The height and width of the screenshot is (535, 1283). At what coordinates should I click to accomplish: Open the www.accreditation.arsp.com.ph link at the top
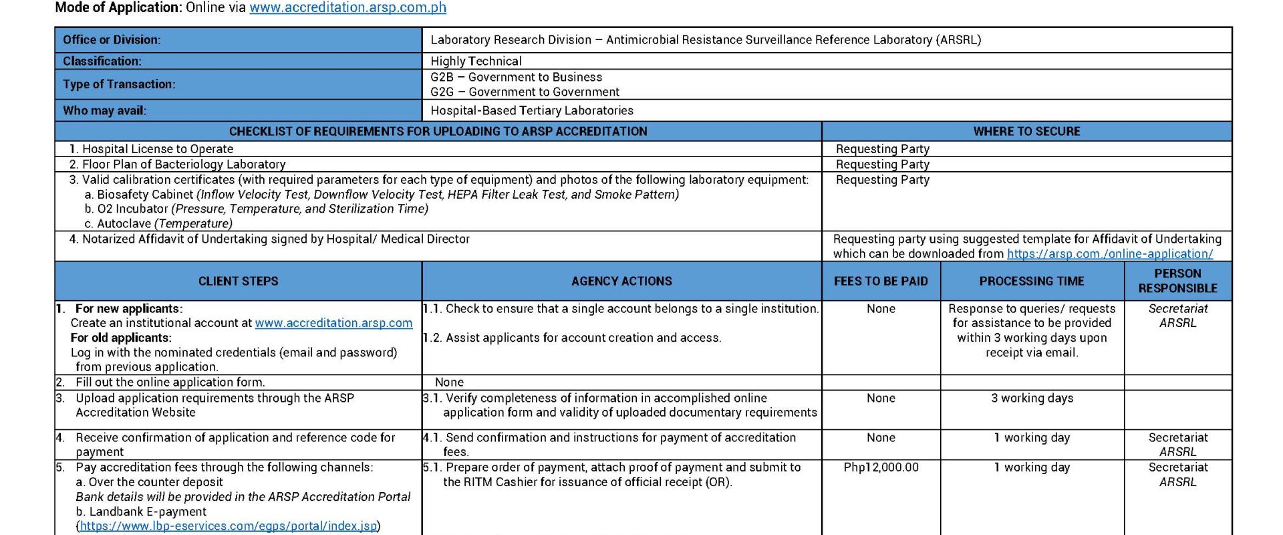pos(347,8)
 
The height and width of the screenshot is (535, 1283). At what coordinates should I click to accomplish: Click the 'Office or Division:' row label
pos(112,40)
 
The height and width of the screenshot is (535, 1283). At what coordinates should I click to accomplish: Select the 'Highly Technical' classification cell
pos(476,62)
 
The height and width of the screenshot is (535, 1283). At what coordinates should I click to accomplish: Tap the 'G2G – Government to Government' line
pos(525,92)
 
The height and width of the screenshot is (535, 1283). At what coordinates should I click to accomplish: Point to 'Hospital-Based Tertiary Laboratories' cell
pos(532,111)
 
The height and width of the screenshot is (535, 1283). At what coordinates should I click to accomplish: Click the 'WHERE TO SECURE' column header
pos(1026,132)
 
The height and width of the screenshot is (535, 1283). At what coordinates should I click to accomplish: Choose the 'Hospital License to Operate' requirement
pos(158,149)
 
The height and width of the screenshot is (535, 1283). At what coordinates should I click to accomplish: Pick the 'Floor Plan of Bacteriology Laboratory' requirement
pos(184,165)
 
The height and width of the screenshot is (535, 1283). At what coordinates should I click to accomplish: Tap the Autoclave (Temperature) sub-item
pos(164,224)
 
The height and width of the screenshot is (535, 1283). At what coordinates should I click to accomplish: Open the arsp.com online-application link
pos(1109,254)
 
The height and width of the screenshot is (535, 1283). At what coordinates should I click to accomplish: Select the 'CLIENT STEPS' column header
pos(238,282)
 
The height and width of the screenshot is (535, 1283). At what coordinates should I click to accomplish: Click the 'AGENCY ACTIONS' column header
pos(621,282)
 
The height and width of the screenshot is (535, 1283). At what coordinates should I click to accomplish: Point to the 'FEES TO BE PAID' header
pos(881,282)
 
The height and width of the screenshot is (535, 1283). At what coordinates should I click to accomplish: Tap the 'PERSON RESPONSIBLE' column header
pos(1177,281)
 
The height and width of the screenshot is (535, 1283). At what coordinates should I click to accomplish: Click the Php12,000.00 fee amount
pos(881,467)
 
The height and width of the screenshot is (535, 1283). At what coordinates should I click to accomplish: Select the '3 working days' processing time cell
pos(1032,399)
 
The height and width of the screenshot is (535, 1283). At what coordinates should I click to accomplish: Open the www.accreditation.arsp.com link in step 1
pos(333,323)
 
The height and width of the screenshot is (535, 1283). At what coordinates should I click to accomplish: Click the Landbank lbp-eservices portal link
pos(229,526)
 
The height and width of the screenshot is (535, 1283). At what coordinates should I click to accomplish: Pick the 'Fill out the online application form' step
pos(170,383)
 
